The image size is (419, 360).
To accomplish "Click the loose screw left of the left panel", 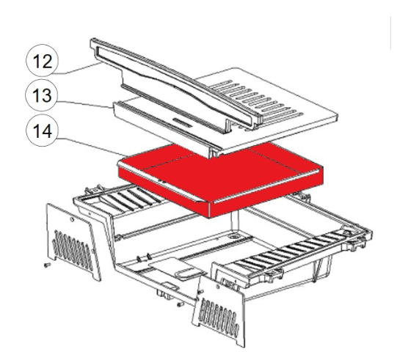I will (x=45, y=265).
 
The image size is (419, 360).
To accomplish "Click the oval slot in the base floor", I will (x=188, y=273).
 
